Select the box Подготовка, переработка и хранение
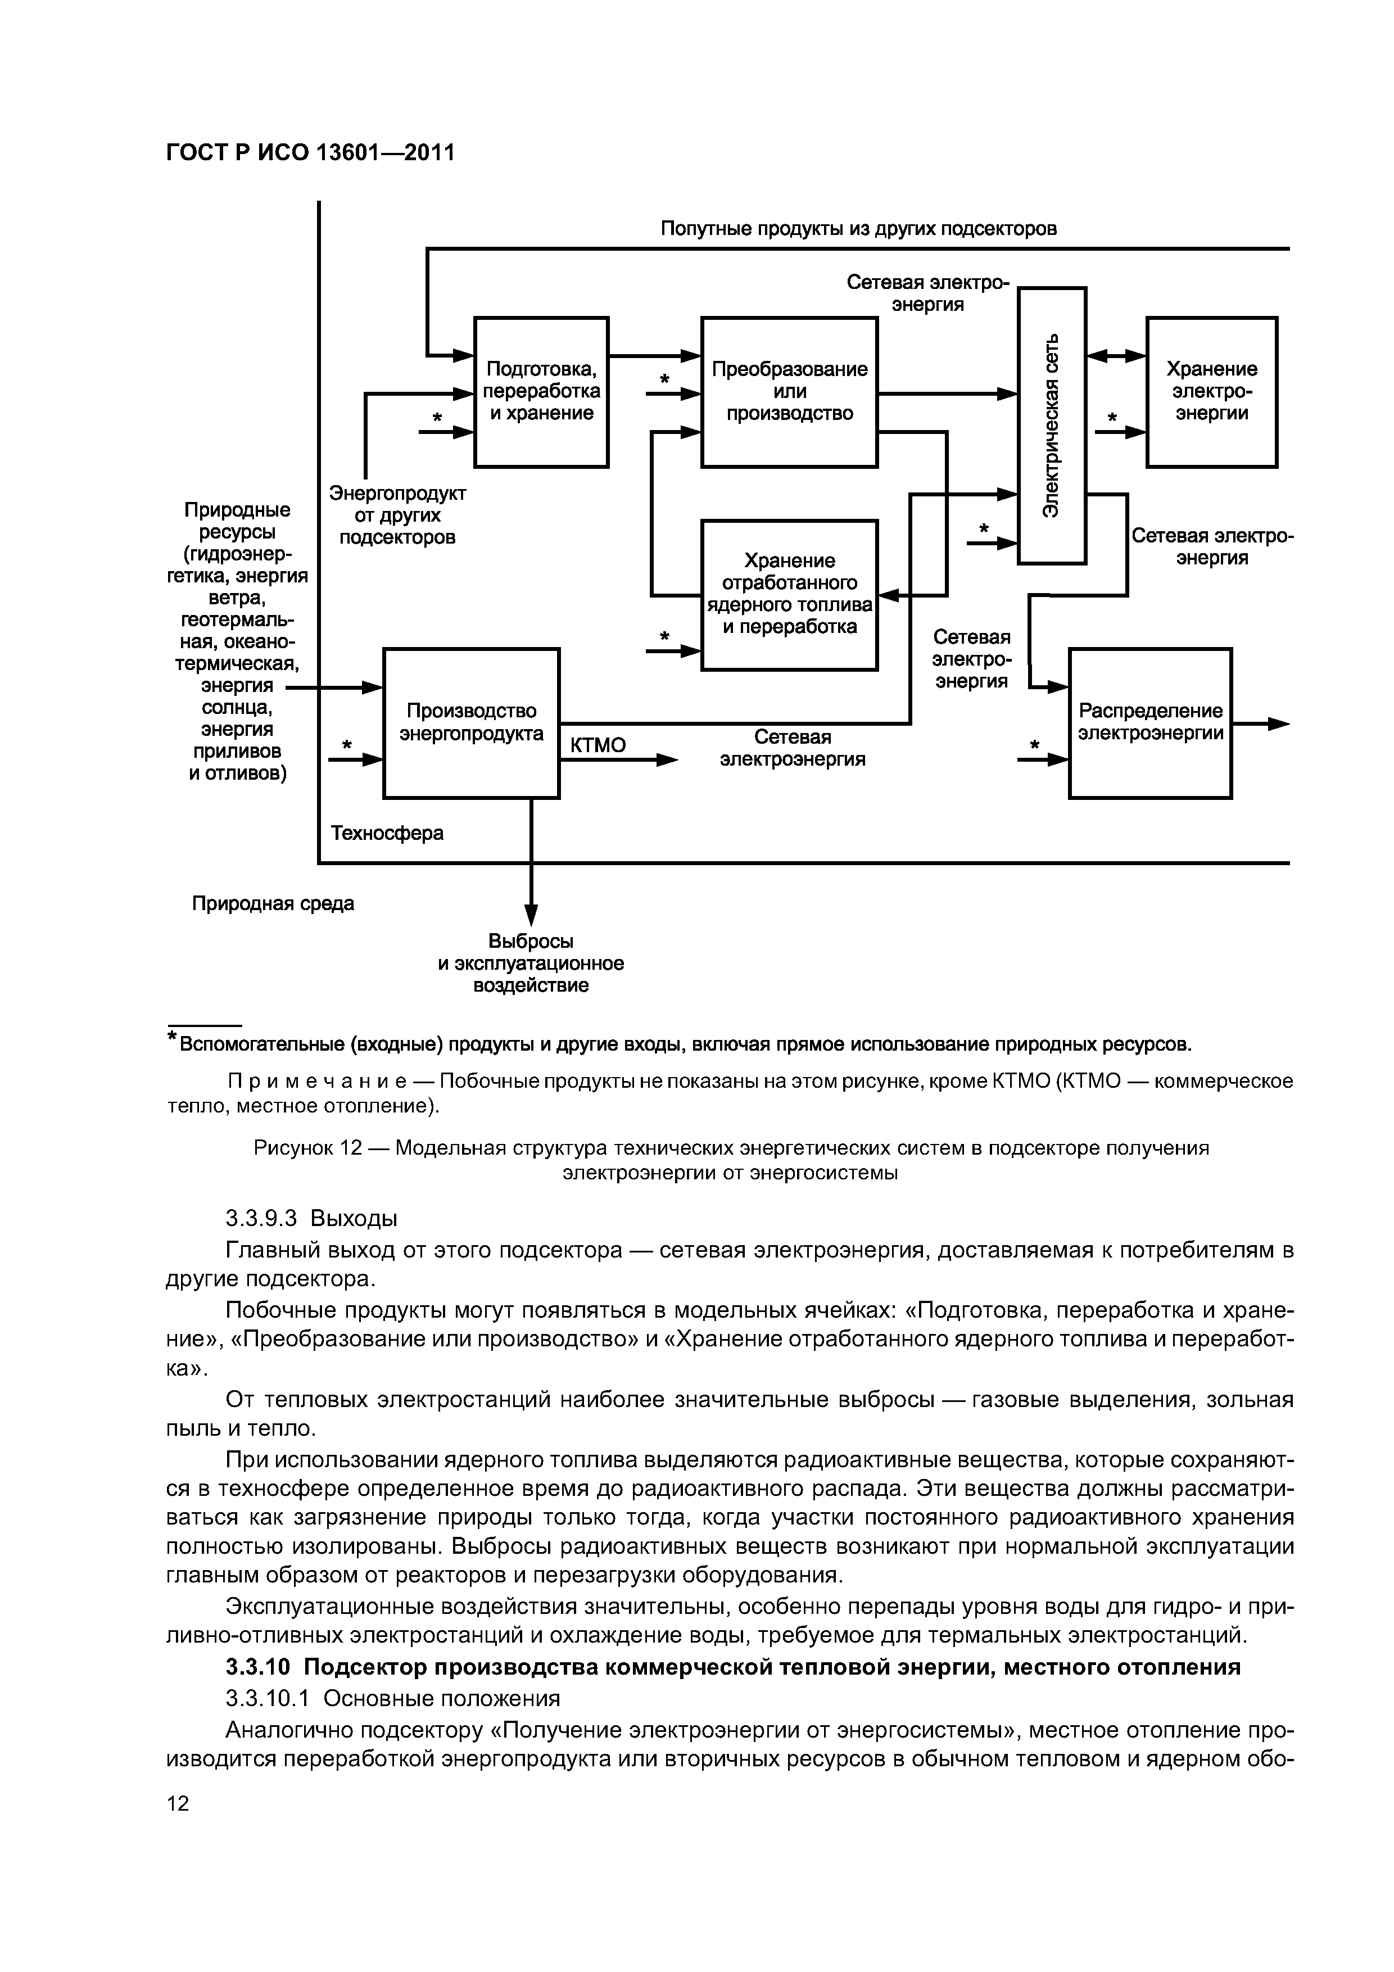click(x=541, y=392)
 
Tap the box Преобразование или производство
click(x=789, y=392)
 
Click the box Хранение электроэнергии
click(x=1211, y=392)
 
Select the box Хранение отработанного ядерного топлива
click(x=789, y=594)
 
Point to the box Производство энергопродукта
click(x=470, y=722)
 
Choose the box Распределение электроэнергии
click(x=1150, y=722)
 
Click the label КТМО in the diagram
click(x=598, y=745)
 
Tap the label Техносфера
click(x=387, y=833)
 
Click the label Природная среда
click(x=272, y=903)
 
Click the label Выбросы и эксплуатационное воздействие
click(x=531, y=964)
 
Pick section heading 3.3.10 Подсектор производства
click(x=732, y=1667)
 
